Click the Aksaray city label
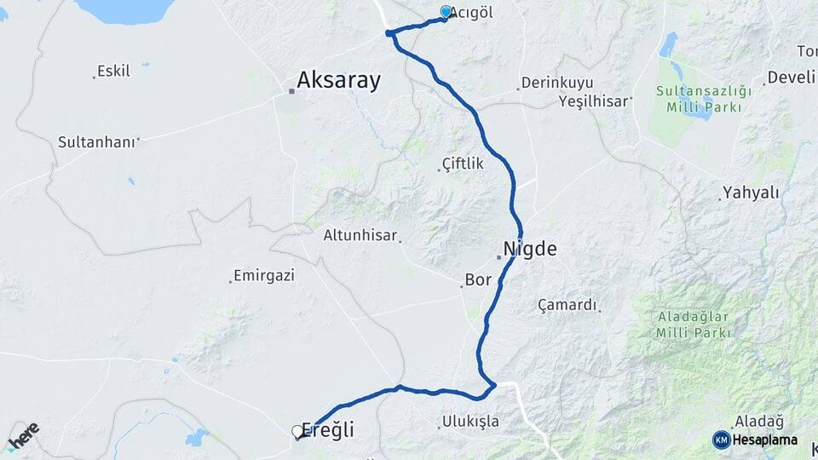[x=338, y=81]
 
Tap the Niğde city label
[x=530, y=249]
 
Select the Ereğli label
[x=328, y=431]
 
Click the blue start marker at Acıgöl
[x=446, y=12]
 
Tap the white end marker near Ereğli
[x=298, y=432]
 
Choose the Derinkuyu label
[x=550, y=84]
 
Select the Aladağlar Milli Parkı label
[x=694, y=325]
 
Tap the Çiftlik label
[x=463, y=164]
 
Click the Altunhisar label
[x=361, y=236]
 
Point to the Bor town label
[x=479, y=279]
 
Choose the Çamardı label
[x=568, y=305]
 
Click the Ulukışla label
[x=470, y=422]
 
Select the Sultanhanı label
[x=96, y=141]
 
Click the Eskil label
[x=113, y=71]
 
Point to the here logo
[x=23, y=435]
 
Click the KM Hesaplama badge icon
[x=722, y=440]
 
